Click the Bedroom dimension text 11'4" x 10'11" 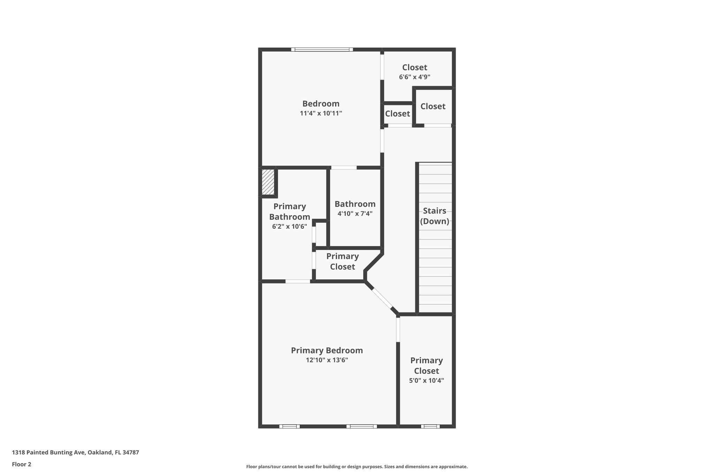pyautogui.click(x=321, y=113)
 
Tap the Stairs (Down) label pyautogui.click(x=434, y=216)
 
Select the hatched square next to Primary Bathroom pyautogui.click(x=268, y=182)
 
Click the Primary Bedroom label pyautogui.click(x=327, y=350)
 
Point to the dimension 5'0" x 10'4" pyautogui.click(x=426, y=380)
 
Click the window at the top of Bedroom pyautogui.click(x=322, y=50)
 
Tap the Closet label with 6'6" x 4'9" pyautogui.click(x=415, y=67)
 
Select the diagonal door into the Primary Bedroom pyautogui.click(x=382, y=297)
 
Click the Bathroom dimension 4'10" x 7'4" pyautogui.click(x=355, y=213)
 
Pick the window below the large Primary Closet pyautogui.click(x=430, y=426)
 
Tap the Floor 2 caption pyautogui.click(x=22, y=464)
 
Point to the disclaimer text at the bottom pyautogui.click(x=357, y=467)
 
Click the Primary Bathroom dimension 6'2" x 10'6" pyautogui.click(x=289, y=226)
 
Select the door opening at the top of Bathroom pyautogui.click(x=344, y=168)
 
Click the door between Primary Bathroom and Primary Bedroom pyautogui.click(x=298, y=281)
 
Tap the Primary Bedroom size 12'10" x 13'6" pyautogui.click(x=327, y=360)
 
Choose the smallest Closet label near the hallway pyautogui.click(x=397, y=114)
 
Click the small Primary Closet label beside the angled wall pyautogui.click(x=342, y=262)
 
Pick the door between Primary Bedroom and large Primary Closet pyautogui.click(x=398, y=330)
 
